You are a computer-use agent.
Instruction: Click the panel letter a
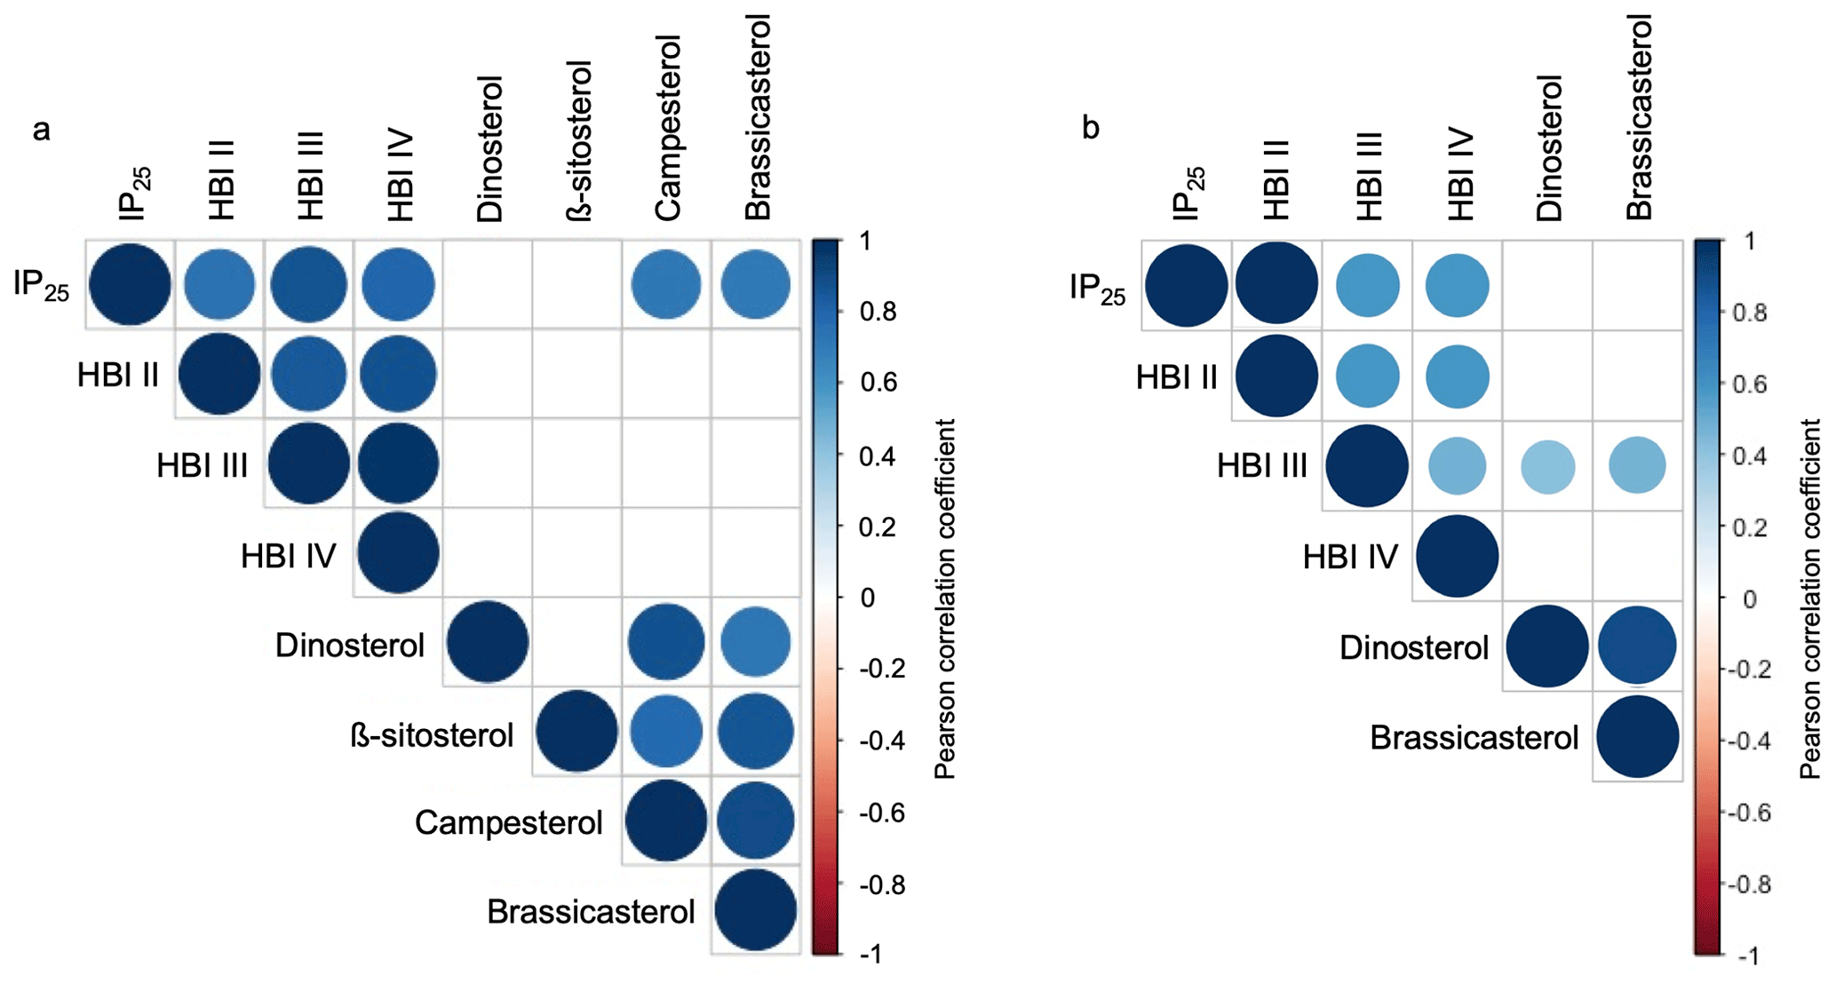click(41, 131)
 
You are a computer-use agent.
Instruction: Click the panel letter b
click(1090, 129)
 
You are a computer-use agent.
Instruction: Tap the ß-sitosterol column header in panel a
click(578, 140)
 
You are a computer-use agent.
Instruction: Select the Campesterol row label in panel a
click(509, 823)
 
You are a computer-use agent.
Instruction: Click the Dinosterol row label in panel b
click(1413, 647)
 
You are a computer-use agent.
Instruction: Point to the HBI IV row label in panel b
click(1350, 557)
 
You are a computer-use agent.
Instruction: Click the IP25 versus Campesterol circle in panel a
click(666, 285)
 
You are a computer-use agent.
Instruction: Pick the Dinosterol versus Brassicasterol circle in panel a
click(755, 642)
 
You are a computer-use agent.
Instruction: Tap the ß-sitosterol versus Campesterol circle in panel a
click(666, 732)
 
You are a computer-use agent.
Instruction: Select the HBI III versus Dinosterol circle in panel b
click(1547, 466)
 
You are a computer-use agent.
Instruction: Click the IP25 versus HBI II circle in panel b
click(1276, 284)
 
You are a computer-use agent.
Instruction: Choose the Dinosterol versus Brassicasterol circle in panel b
click(1637, 646)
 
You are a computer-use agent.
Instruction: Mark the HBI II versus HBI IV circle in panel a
click(398, 374)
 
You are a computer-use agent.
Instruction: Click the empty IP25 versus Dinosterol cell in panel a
click(488, 285)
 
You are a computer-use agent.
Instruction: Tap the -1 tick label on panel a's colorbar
click(870, 955)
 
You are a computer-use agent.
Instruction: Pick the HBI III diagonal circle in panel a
click(308, 464)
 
